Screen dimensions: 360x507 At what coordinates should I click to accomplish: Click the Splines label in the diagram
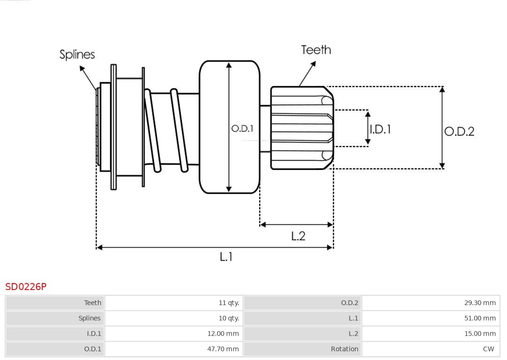pos(77,54)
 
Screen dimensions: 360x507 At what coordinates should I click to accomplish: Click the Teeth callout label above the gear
pos(316,50)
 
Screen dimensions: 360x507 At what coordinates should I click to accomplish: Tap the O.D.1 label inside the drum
pos(242,128)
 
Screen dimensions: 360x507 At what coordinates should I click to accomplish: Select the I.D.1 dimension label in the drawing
pos(380,129)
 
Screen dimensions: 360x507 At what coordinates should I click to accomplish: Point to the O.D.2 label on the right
pos(459,131)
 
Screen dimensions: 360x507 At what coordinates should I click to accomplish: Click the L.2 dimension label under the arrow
pos(298,236)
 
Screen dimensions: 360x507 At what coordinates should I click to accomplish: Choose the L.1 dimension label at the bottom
pos(226,257)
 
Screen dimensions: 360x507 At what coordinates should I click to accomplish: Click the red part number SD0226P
pos(26,286)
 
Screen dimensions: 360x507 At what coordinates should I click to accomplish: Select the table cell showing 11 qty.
pos(174,303)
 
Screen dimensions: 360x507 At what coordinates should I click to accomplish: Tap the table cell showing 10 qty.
pos(174,318)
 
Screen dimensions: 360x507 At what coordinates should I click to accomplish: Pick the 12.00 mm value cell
pos(174,334)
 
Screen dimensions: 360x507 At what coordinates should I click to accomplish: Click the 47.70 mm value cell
pos(174,349)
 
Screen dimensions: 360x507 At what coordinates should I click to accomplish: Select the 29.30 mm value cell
pos(430,303)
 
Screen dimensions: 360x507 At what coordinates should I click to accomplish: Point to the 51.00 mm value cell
pos(430,318)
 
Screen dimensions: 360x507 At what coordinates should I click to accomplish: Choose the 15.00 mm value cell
pos(430,334)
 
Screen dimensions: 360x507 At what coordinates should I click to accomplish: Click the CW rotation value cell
pos(430,349)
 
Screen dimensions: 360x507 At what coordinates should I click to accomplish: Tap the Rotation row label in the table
pos(302,349)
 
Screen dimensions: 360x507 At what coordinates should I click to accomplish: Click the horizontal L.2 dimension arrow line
pos(296,224)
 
